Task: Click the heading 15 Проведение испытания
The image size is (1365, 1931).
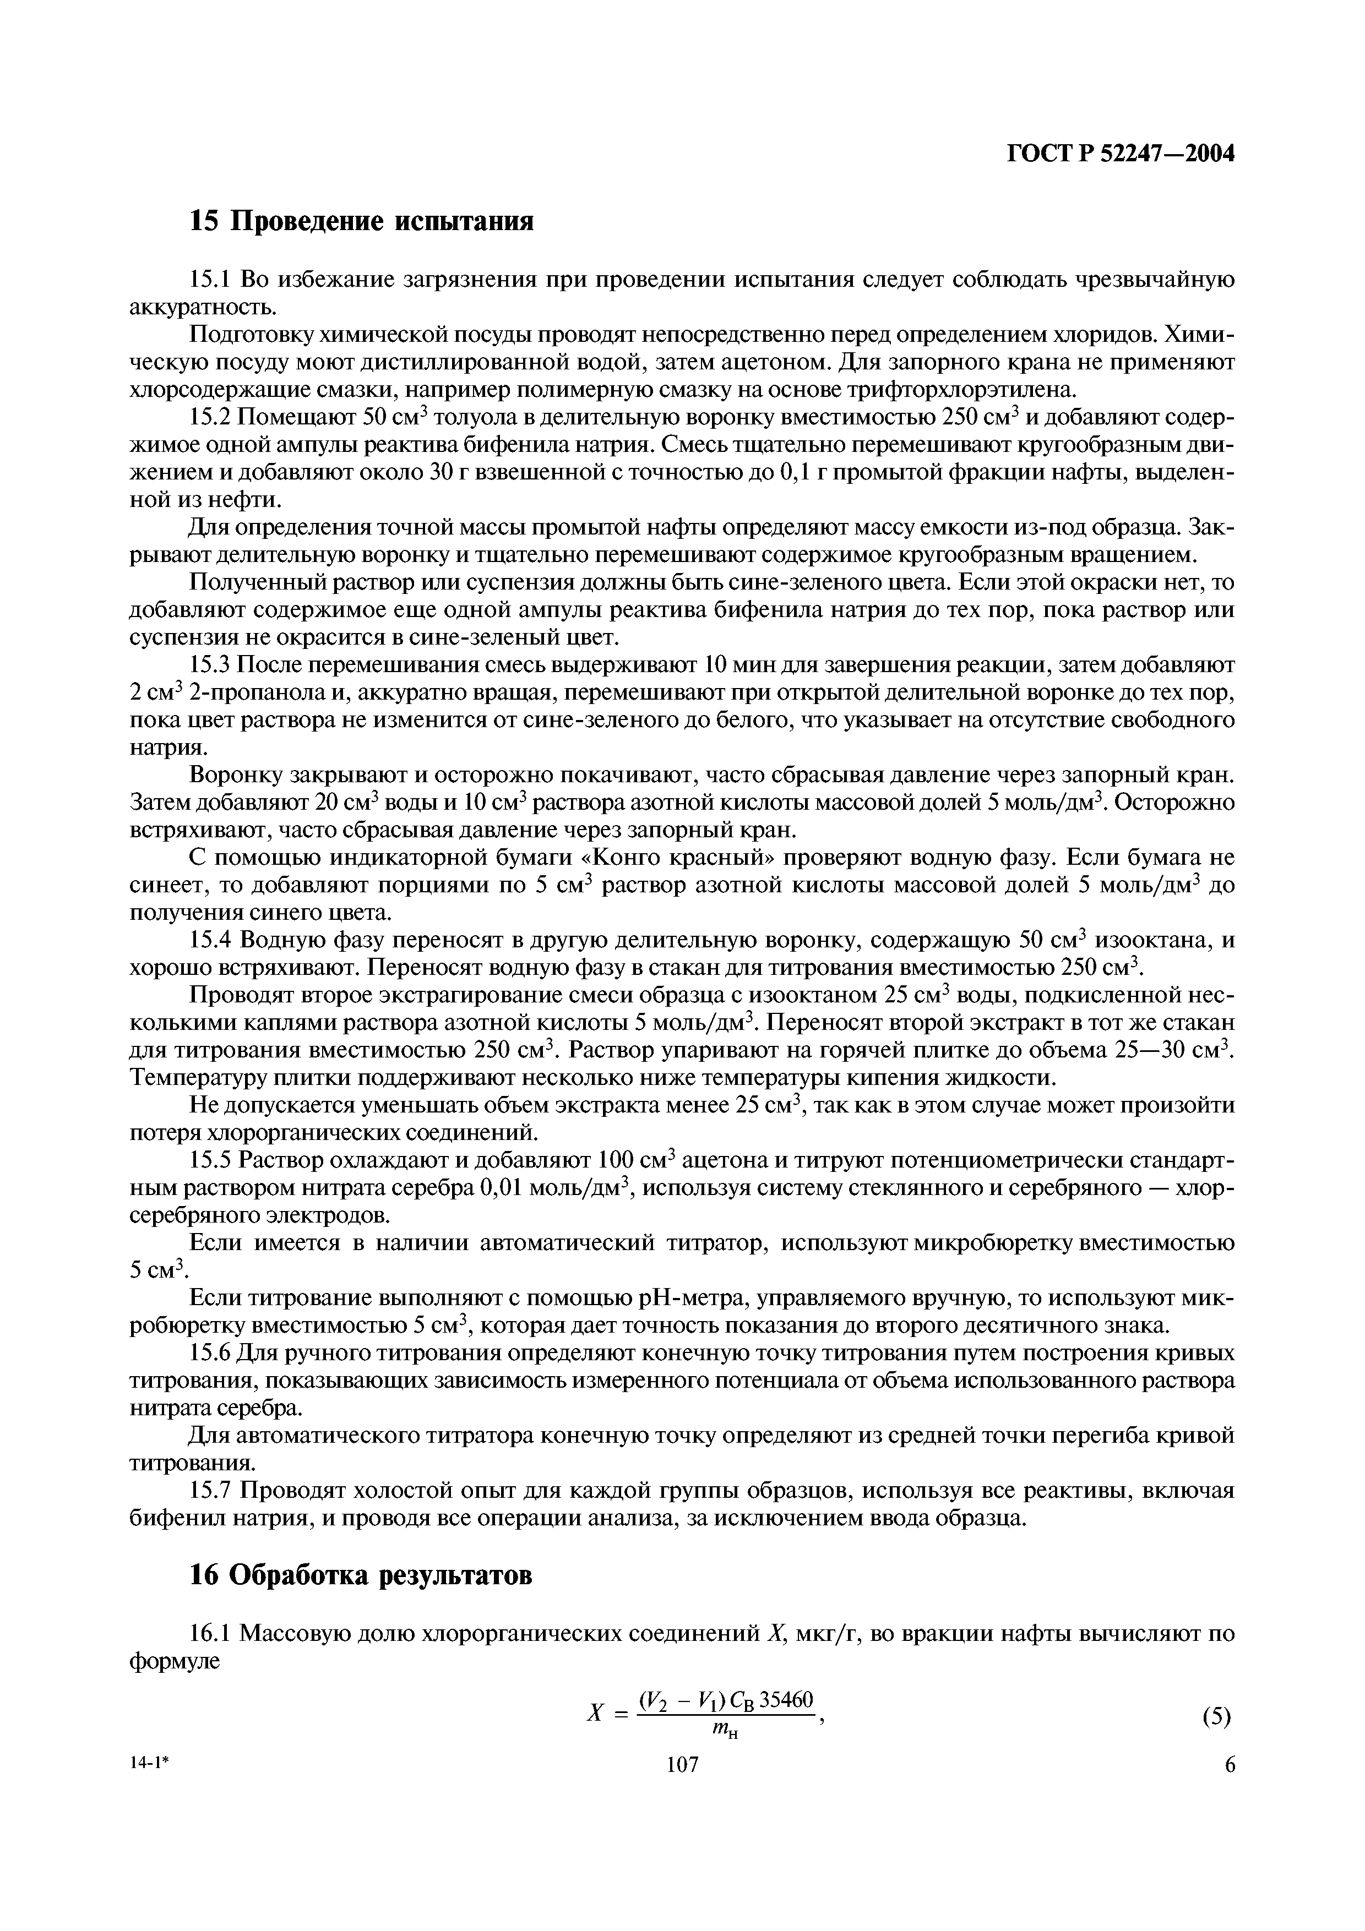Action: [x=362, y=221]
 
